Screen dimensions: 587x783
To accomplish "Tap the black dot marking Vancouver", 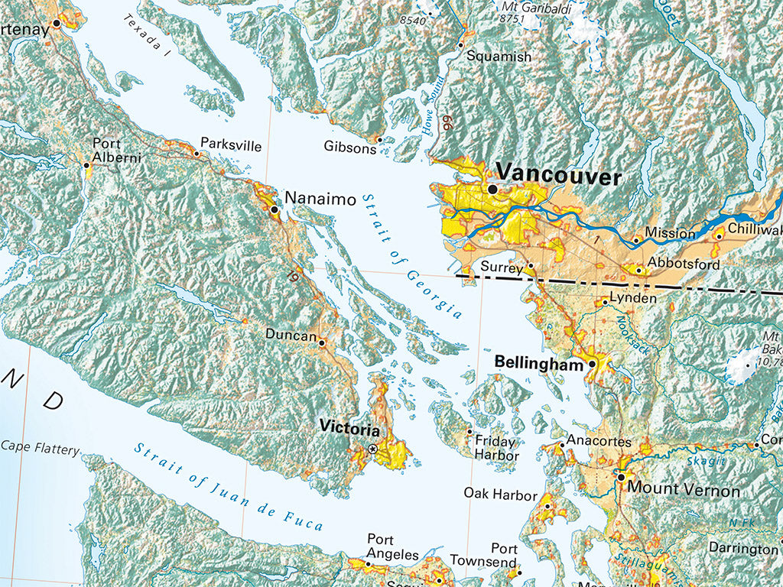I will point(492,188).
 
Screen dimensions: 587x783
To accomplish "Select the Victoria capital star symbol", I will point(372,449).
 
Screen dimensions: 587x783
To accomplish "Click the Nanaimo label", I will point(320,199).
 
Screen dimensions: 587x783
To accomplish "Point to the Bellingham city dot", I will point(592,365).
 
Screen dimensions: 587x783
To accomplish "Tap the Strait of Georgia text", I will point(412,255).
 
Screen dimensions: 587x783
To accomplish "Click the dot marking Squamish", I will point(461,45).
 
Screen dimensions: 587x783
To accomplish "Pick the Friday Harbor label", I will point(495,449).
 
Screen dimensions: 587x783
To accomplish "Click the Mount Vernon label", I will point(684,491).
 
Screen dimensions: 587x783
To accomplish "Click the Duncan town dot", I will point(322,343).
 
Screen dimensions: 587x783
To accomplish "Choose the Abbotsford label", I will point(683,264).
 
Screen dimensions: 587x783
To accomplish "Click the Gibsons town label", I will point(349,147).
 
